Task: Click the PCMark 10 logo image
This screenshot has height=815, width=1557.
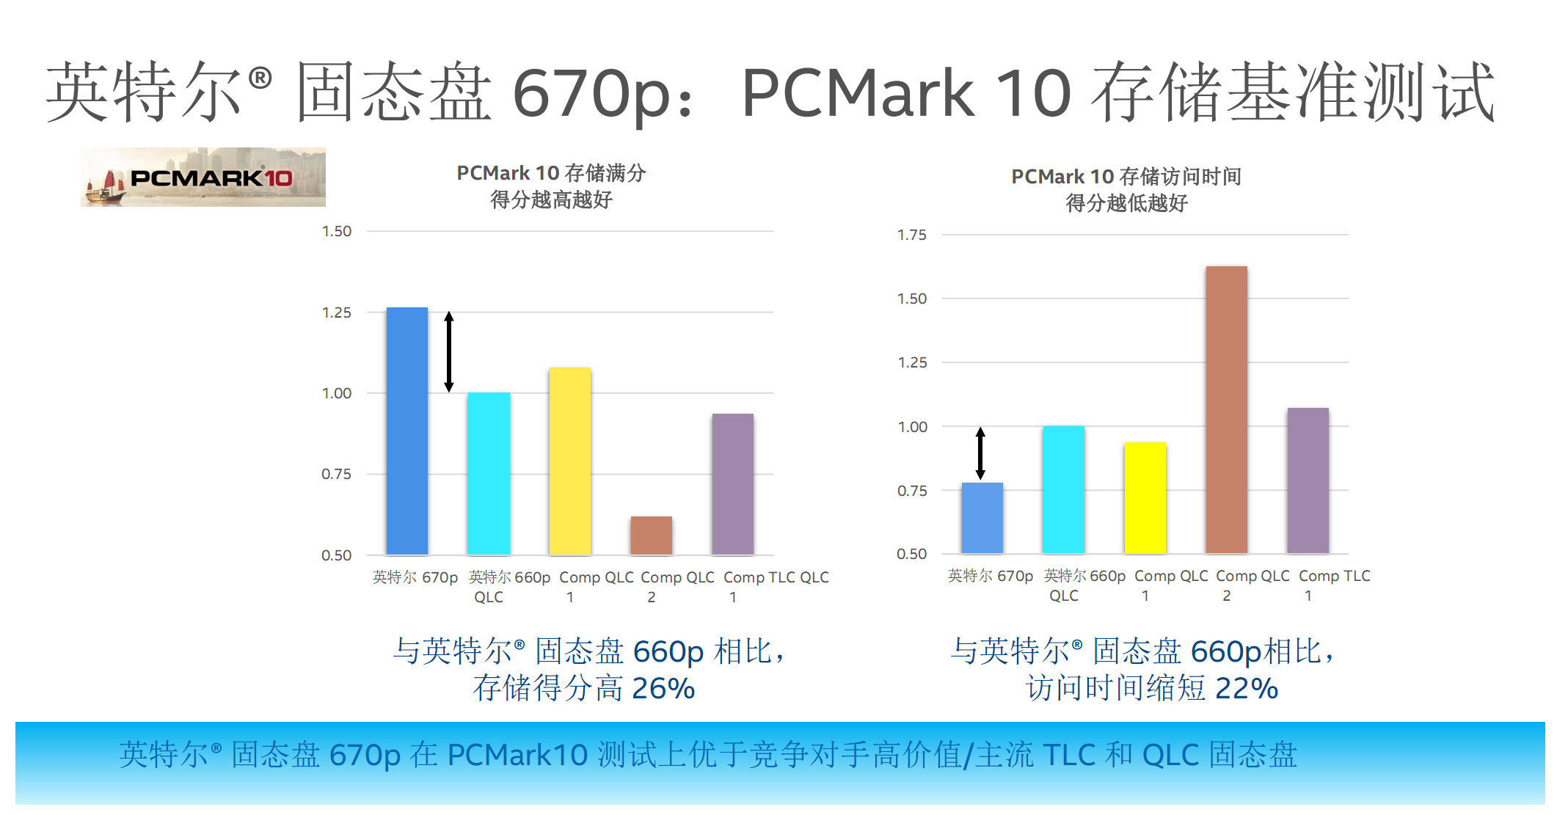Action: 203,177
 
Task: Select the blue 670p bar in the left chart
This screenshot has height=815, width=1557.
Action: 406,431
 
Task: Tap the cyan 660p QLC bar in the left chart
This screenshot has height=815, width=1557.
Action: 489,473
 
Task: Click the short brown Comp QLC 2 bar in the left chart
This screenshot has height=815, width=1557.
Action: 651,536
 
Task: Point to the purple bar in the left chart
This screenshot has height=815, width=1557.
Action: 732,484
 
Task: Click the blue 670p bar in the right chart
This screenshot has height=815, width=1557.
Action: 982,518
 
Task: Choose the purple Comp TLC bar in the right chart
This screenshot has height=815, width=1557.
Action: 1308,480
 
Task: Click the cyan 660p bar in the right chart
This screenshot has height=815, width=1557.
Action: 1063,489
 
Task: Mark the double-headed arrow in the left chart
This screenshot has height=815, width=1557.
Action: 449,352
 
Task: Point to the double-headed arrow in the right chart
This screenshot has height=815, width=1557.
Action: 980,453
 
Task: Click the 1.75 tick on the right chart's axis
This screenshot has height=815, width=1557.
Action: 911,235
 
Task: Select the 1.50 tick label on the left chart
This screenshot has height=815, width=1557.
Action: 337,231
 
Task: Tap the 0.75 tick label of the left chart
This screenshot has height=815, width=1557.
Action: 337,474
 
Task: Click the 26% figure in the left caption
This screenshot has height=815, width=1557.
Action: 663,688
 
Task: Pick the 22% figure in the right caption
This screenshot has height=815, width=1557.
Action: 1247,688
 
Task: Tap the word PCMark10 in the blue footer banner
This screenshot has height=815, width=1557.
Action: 517,754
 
